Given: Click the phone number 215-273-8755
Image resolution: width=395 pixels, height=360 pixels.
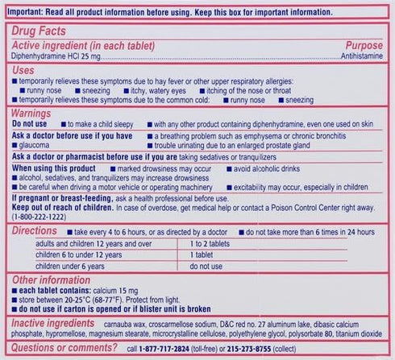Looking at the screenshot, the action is click(264, 350).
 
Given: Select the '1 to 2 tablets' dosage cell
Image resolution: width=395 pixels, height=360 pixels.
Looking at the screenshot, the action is click(210, 242).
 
